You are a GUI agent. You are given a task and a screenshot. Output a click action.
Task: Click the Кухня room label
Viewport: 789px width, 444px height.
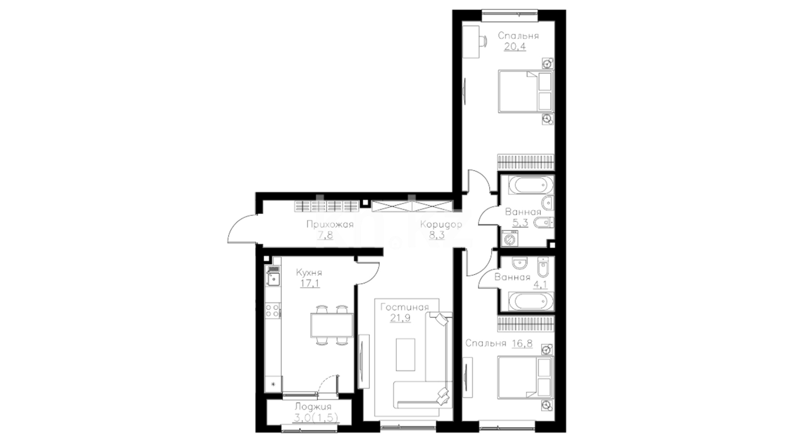[x=309, y=273]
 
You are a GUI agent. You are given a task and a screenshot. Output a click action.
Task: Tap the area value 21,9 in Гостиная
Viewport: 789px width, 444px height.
[x=400, y=318]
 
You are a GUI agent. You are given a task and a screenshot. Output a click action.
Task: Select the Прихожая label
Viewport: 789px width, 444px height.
[x=330, y=224]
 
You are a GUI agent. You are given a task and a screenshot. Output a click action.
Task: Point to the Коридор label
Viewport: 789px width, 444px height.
[x=441, y=224]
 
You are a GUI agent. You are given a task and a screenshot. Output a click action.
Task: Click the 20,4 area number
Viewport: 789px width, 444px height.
[x=515, y=46]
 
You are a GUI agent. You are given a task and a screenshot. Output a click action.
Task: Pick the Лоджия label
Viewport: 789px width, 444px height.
[x=313, y=407]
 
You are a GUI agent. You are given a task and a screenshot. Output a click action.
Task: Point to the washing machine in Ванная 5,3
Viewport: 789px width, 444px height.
[x=510, y=238]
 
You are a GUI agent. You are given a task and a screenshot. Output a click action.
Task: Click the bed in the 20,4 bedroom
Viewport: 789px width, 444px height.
[x=526, y=91]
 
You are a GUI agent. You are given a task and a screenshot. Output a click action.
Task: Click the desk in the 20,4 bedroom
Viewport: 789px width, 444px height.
[x=471, y=42]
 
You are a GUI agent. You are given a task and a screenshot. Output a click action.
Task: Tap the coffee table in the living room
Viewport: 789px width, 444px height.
[x=405, y=354]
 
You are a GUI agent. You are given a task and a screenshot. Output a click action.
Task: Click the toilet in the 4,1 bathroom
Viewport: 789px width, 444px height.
[x=543, y=268]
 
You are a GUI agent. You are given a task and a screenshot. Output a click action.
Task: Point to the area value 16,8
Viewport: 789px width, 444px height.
[x=522, y=343]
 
